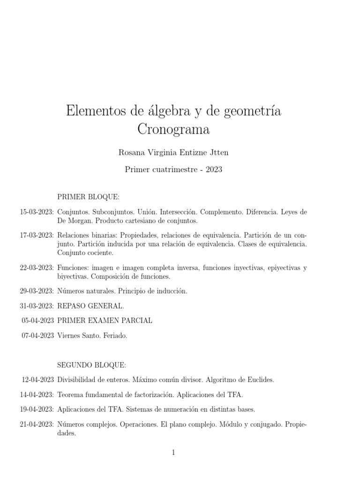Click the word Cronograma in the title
(x=173, y=129)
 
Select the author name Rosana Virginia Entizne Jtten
(x=173, y=152)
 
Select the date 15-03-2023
(x=37, y=212)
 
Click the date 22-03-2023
(x=37, y=268)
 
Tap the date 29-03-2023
(x=37, y=291)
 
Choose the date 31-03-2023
(x=37, y=306)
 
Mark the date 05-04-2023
(x=38, y=321)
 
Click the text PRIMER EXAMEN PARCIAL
(x=105, y=321)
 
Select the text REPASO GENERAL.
(x=90, y=306)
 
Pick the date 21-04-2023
(x=37, y=424)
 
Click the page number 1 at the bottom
(x=173, y=452)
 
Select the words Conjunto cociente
(x=85, y=253)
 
